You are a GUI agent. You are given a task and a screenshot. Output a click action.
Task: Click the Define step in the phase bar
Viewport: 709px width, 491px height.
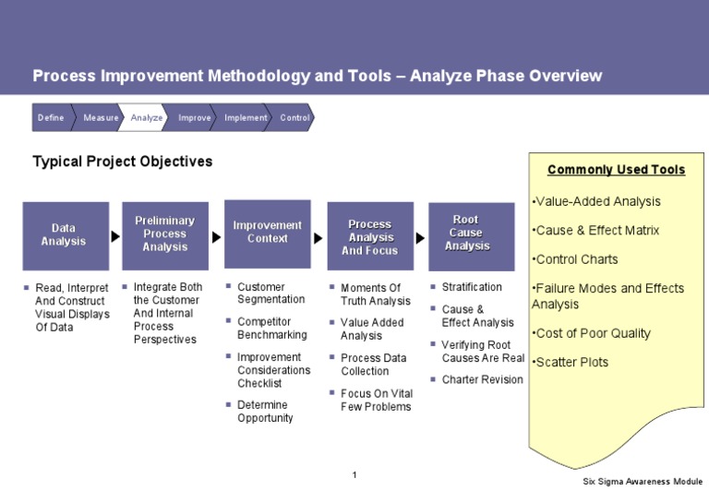point(51,118)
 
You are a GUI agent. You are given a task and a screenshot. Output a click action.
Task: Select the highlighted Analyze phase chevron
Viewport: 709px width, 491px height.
point(146,118)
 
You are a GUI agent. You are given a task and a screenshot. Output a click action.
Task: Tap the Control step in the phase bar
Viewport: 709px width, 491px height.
point(294,118)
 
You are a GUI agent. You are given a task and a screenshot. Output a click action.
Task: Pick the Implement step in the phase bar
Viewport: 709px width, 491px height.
point(246,118)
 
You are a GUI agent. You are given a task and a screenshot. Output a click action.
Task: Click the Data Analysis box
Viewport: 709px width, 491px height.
point(65,235)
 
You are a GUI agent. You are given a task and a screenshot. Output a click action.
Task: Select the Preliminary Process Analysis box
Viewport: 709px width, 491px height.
point(164,234)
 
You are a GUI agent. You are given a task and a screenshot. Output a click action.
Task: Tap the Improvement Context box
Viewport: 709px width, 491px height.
point(267,233)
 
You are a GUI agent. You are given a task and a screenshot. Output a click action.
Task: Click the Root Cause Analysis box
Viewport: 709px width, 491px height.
point(471,234)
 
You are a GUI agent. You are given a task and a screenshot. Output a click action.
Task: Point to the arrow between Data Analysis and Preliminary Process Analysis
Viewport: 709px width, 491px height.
point(115,236)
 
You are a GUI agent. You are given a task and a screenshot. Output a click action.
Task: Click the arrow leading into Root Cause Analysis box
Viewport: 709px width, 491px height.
point(420,237)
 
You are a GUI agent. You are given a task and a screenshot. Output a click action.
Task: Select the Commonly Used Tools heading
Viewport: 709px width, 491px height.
point(616,170)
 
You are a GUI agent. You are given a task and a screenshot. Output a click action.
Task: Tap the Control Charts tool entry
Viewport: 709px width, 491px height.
point(576,259)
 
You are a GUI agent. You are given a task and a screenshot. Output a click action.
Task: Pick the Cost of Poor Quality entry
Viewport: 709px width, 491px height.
point(592,333)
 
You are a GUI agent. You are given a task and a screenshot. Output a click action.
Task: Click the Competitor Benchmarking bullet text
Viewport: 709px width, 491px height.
point(270,328)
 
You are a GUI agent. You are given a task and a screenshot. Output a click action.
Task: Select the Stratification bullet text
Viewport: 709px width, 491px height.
point(472,287)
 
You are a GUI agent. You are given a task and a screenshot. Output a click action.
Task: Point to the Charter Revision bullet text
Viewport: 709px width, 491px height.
point(482,379)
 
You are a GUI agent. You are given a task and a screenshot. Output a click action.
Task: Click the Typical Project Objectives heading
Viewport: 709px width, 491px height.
point(123,162)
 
